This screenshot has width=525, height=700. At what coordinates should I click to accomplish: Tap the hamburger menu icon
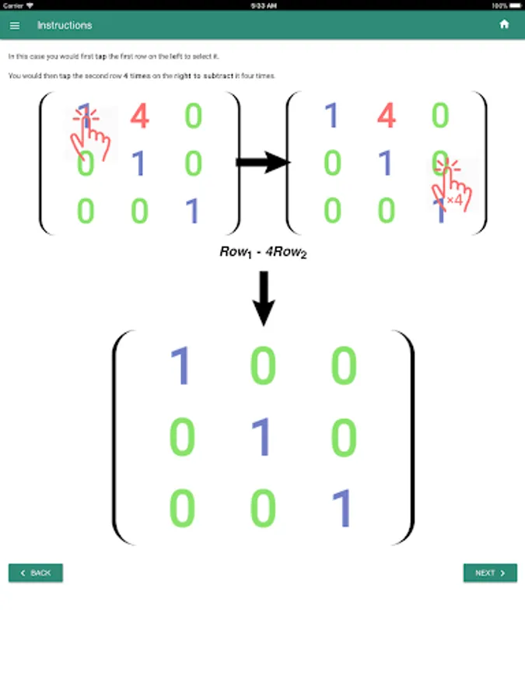(15, 25)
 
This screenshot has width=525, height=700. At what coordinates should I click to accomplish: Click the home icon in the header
(504, 24)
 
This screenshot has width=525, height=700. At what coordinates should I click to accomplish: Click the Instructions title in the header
(65, 25)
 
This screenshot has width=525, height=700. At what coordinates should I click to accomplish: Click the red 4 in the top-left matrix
(139, 117)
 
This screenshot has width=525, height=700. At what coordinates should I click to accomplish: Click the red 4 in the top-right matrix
(386, 117)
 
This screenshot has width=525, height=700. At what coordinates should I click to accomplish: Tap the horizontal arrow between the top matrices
(262, 163)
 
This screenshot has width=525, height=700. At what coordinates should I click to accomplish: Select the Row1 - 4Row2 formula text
(263, 252)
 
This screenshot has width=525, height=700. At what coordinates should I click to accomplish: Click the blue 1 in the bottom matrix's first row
(180, 366)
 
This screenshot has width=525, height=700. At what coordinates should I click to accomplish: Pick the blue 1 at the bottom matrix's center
(263, 437)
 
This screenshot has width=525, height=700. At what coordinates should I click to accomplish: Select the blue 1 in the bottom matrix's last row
(342, 509)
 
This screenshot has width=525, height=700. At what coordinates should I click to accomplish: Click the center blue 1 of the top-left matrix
(139, 164)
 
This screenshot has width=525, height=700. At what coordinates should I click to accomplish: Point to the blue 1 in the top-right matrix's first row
(332, 117)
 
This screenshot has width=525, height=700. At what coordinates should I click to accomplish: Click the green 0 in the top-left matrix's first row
(193, 117)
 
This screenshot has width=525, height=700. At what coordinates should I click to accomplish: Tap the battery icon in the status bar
(516, 5)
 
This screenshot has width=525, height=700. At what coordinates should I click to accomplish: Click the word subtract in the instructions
(216, 76)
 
